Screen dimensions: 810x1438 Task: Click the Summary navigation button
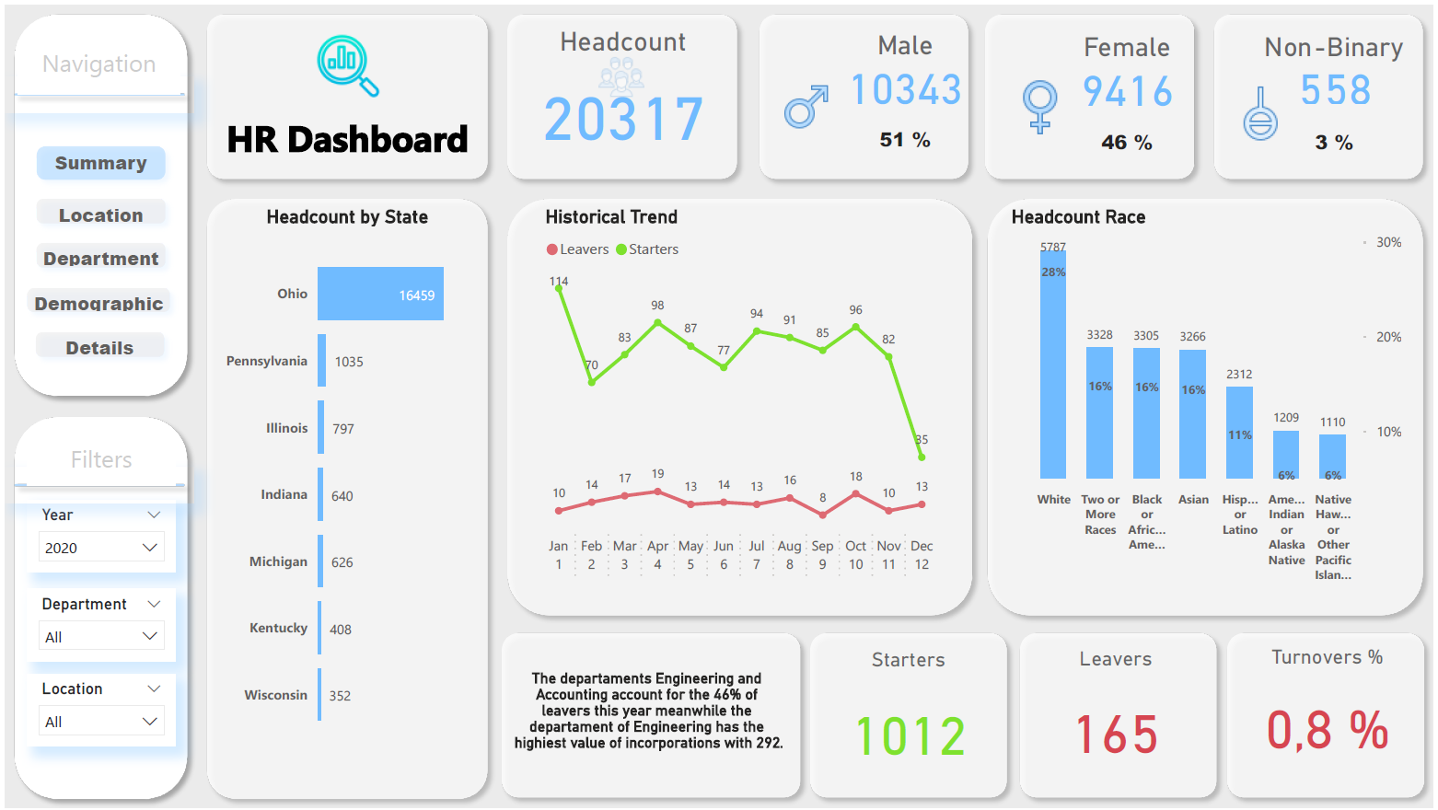coord(100,163)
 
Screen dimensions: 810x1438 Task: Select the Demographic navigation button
coord(99,304)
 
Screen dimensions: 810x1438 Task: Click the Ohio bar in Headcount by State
coord(380,294)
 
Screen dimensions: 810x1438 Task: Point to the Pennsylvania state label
coord(267,361)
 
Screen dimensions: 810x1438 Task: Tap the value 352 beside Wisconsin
coord(340,696)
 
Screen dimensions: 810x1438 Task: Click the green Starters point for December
coord(922,457)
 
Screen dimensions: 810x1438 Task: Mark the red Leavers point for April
coord(657,492)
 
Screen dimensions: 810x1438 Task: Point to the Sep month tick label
coord(822,546)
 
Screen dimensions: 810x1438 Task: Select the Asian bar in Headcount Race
coord(1192,414)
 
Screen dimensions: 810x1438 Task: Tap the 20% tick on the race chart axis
coord(1388,337)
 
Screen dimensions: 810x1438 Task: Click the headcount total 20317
coord(623,120)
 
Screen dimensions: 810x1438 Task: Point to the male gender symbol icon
coord(806,107)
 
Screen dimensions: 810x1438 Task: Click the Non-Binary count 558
coord(1335,90)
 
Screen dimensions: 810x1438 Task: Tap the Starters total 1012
coord(910,736)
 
